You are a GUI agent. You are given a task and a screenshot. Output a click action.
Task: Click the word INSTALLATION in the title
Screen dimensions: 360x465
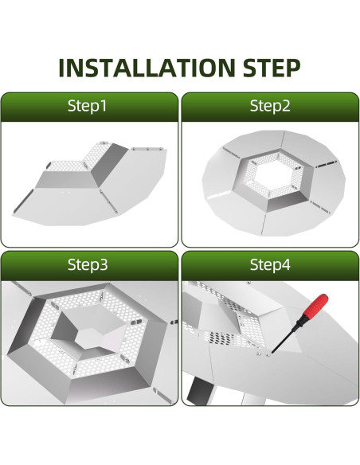pos(147,68)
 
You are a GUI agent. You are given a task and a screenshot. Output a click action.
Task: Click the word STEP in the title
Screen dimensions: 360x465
pos(272,68)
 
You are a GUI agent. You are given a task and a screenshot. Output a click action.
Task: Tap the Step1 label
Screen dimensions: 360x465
pos(87,106)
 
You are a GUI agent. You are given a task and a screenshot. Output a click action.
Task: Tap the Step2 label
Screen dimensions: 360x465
pos(270,106)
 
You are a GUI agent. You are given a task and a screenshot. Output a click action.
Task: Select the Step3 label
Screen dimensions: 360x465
pos(88,264)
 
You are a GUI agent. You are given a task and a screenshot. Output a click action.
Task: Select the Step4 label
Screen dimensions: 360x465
pos(270,264)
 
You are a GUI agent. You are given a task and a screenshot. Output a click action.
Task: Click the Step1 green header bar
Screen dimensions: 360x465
pos(89,107)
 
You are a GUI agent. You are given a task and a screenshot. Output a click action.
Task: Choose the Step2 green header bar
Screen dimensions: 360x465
pos(270,107)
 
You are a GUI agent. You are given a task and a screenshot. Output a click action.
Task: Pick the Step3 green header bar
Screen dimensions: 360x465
pos(89,265)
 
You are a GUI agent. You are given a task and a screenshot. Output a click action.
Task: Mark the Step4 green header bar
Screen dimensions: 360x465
pos(270,265)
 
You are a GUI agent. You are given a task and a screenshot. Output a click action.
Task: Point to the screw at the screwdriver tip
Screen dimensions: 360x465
pos(268,354)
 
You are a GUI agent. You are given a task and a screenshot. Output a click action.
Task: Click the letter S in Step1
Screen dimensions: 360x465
pos(72,106)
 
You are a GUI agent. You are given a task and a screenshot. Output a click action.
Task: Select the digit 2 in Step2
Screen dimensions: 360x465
pos(286,106)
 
